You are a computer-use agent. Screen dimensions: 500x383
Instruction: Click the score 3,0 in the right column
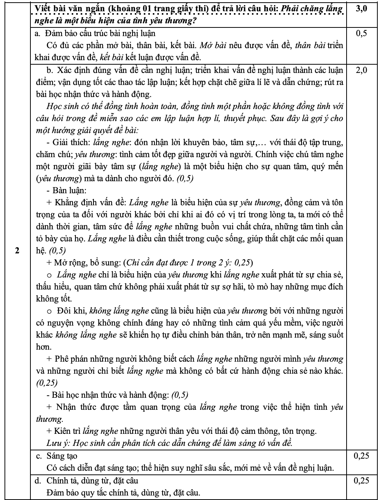click(x=361, y=9)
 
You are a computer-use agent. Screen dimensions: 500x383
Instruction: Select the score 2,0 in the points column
click(x=361, y=70)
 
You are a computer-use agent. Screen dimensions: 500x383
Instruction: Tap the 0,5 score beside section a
click(x=361, y=33)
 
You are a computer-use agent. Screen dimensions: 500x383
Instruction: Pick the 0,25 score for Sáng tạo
click(x=361, y=456)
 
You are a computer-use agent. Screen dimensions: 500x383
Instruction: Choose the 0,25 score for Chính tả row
click(x=361, y=480)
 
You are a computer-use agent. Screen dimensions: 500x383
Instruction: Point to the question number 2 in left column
click(x=17, y=251)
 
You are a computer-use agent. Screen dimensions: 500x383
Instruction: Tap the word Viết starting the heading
click(x=42, y=9)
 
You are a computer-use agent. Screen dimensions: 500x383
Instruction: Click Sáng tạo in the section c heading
click(x=62, y=456)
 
